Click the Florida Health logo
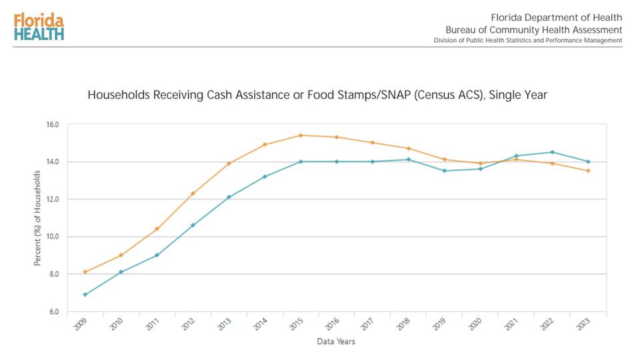(38, 27)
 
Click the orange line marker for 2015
(301, 135)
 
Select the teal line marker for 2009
(85, 295)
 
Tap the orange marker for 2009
(85, 272)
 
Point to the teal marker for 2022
(552, 152)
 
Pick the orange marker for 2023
(588, 171)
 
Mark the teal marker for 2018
(409, 159)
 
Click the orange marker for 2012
(193, 193)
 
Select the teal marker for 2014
(265, 177)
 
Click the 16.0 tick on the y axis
(53, 125)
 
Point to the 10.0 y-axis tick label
(53, 237)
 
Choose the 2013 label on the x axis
(225, 325)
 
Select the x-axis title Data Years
(336, 342)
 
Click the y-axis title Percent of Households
(38, 218)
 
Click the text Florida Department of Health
(556, 17)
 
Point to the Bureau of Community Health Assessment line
(533, 30)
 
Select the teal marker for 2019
(445, 171)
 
